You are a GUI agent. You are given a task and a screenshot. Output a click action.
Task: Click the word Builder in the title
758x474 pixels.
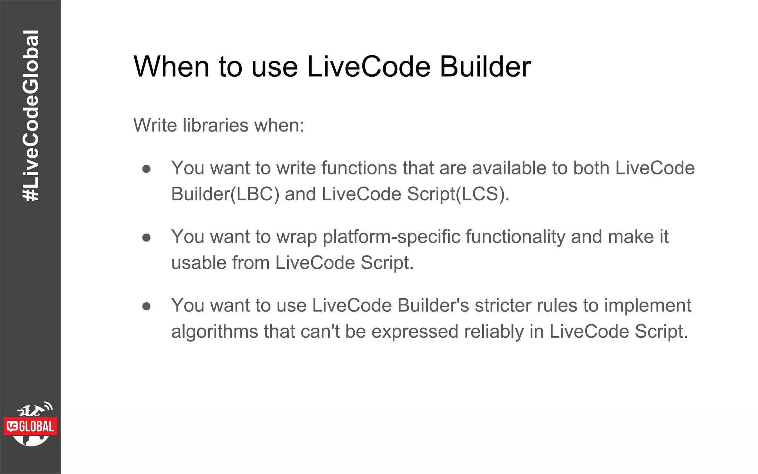[485, 67]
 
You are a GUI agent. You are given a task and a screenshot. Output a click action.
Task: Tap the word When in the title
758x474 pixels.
[171, 67]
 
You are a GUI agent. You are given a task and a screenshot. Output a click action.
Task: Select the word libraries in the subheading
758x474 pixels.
[215, 125]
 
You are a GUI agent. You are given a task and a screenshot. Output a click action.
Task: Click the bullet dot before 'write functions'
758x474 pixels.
[147, 169]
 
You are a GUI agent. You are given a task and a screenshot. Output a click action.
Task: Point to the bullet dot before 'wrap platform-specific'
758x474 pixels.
[147, 237]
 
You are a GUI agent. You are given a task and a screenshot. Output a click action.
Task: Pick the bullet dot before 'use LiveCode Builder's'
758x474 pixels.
[147, 306]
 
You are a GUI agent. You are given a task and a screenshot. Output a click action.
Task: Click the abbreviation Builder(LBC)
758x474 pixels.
[225, 194]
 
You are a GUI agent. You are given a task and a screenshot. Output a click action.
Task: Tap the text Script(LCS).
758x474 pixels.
[458, 194]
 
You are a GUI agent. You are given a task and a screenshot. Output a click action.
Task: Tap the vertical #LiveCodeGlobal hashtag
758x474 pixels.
[30, 116]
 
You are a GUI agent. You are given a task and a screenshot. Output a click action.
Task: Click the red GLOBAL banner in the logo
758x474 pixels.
[31, 426]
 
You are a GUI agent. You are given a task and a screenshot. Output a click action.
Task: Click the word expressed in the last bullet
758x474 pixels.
[415, 331]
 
